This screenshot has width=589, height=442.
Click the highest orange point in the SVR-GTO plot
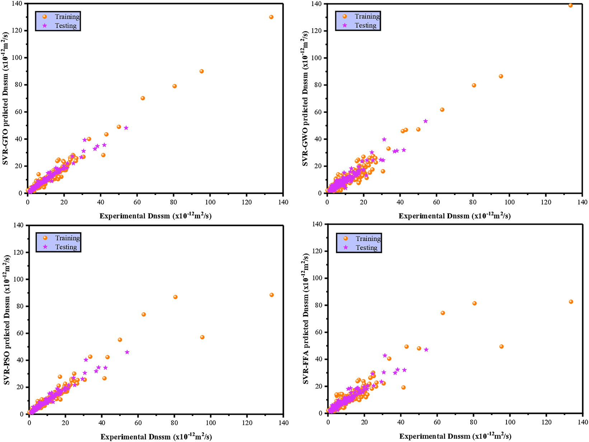[x=271, y=17]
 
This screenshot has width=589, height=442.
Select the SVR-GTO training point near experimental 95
[x=202, y=71]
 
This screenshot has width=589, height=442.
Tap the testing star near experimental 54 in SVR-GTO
[x=126, y=128]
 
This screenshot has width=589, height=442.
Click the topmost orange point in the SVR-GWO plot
[x=571, y=5]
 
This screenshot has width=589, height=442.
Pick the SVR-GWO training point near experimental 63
[x=442, y=110]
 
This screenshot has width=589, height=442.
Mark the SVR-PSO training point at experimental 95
[x=202, y=337]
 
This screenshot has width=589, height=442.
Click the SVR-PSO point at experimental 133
[x=272, y=295]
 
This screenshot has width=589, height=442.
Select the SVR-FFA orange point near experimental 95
[x=501, y=347]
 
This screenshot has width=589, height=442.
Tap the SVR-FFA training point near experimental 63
[x=443, y=313]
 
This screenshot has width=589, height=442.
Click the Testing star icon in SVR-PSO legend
[x=45, y=247]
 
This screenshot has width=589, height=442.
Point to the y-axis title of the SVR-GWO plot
[x=305, y=99]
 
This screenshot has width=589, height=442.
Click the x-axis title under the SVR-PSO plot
[x=156, y=437]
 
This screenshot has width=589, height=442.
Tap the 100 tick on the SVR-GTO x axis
[x=210, y=202]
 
